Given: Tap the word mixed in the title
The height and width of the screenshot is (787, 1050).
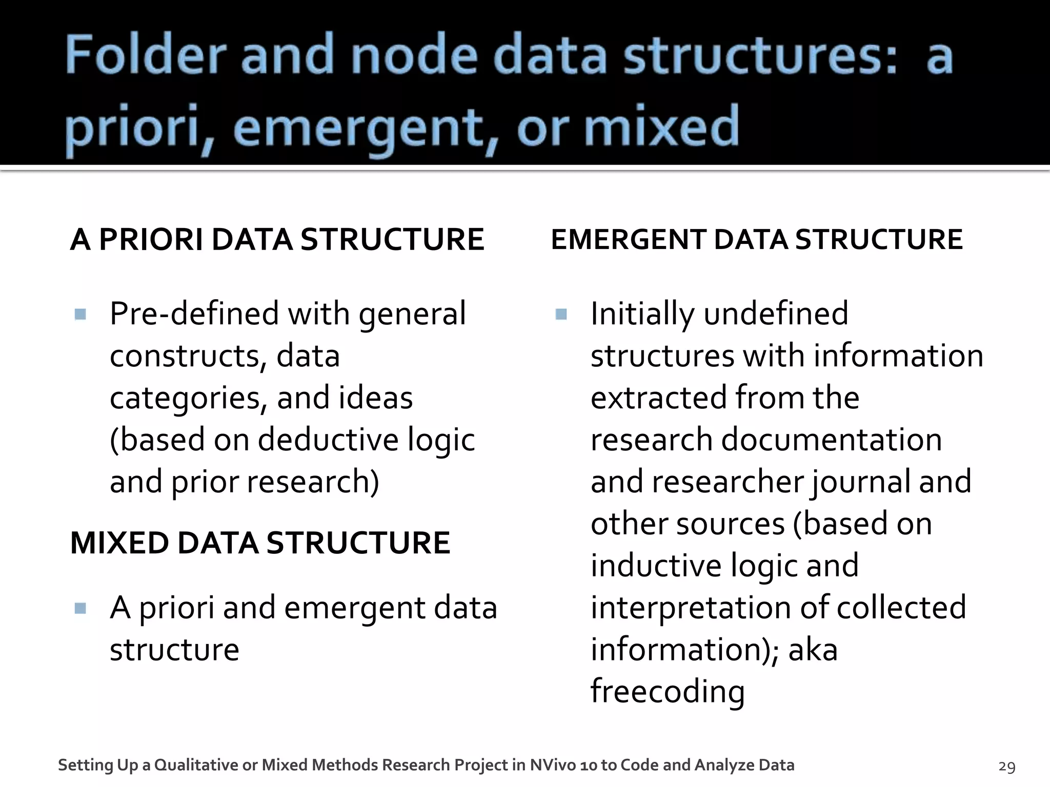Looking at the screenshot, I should (661, 126).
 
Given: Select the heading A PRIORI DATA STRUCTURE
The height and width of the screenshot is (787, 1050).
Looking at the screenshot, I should (277, 239).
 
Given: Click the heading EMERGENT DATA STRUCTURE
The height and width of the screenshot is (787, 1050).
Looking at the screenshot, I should (757, 239).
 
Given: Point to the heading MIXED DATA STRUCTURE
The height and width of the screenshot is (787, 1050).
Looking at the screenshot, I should (260, 543).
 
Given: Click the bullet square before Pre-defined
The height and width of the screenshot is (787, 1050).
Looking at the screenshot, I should (80, 314).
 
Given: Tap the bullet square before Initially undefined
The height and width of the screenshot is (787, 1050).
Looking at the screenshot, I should (561, 314).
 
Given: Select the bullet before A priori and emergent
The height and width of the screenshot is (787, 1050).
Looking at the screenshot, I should (80, 608).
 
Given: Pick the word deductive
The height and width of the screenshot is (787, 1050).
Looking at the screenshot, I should (328, 440).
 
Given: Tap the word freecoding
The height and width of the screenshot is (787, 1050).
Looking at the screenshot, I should (668, 692).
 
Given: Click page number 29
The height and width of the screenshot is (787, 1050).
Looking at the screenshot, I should (1007, 767).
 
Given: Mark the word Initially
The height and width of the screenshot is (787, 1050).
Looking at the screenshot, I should (642, 314).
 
